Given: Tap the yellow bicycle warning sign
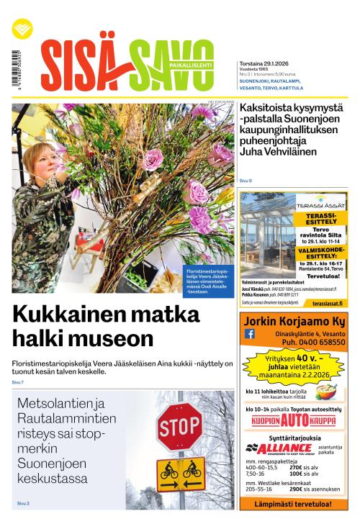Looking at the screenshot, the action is point(180,472).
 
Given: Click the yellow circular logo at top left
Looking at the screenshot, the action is point(22,29).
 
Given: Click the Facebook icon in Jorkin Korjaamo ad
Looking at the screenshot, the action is point(250,334).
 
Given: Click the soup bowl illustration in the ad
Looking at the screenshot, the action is point(325,392).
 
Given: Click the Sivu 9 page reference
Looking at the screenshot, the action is point(246,180).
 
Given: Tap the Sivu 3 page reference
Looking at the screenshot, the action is point(23,503).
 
